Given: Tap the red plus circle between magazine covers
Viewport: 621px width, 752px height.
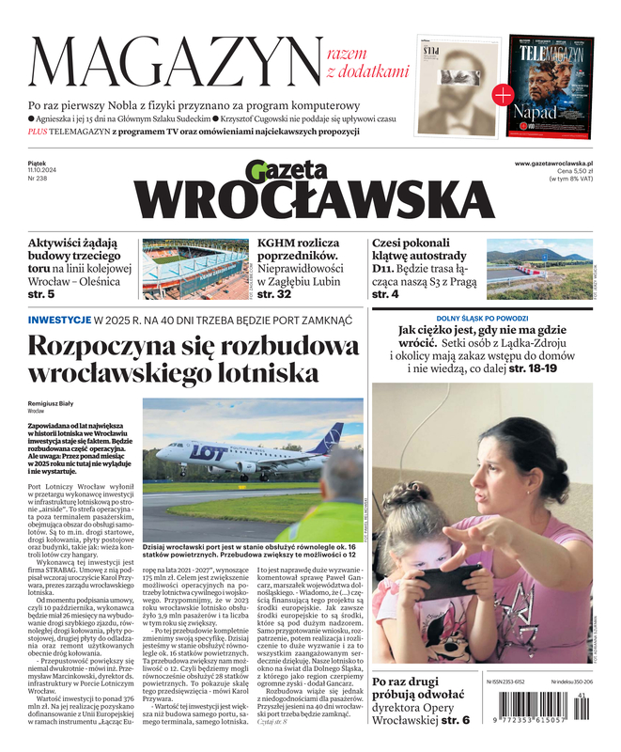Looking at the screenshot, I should pos(504,94).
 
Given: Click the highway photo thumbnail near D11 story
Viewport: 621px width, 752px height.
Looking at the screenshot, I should pos(538,269).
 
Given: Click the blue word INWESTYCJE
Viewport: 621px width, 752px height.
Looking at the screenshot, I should pos(59,321).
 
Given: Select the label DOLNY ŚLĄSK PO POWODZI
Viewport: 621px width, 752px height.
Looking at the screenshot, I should pos(482,320).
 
